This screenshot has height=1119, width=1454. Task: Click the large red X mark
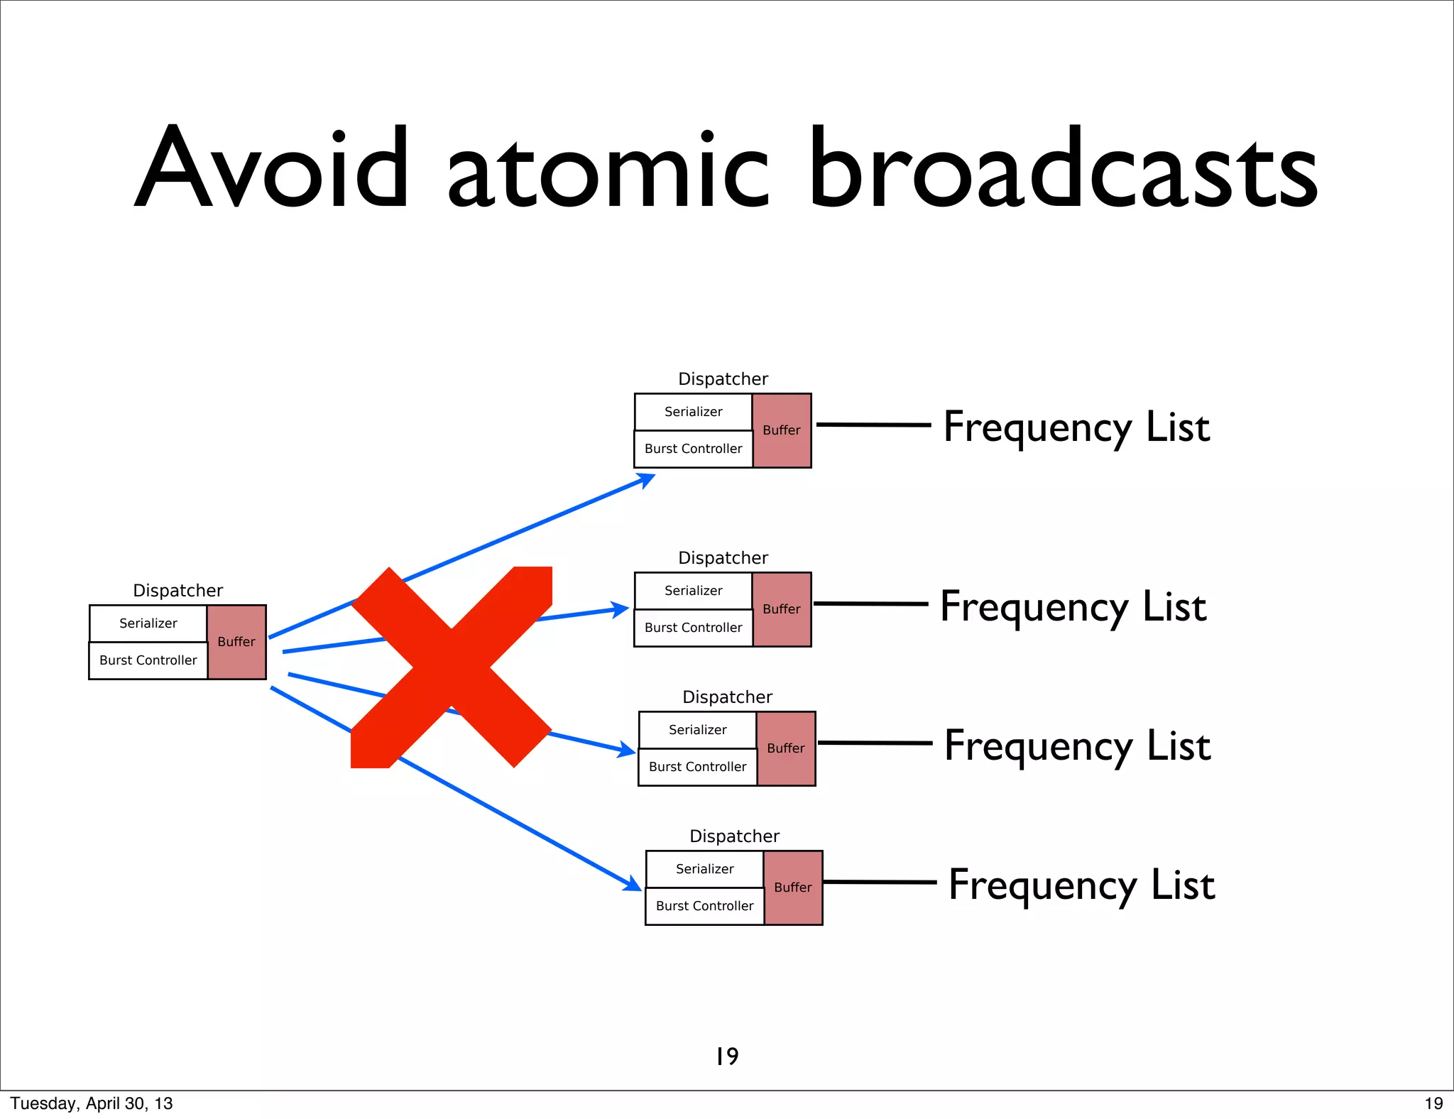tap(452, 667)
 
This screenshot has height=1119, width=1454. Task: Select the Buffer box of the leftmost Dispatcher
tap(236, 642)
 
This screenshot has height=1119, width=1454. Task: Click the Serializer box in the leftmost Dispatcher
tap(148, 623)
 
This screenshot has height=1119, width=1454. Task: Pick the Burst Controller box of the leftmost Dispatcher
tap(148, 660)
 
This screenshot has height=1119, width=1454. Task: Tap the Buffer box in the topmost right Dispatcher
tap(782, 430)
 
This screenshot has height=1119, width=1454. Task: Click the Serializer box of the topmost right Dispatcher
tap(694, 412)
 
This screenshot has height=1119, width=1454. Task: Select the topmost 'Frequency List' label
tap(1076, 427)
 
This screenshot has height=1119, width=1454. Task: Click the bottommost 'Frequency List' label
tap(1082, 885)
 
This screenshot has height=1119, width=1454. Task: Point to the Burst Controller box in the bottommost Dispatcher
tap(705, 906)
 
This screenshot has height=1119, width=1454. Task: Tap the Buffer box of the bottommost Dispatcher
tap(793, 888)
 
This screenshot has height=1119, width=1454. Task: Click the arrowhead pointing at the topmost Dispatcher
tap(645, 481)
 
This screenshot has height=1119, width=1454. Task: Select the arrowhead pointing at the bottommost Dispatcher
tap(632, 884)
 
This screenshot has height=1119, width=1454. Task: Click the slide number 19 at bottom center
tap(727, 1056)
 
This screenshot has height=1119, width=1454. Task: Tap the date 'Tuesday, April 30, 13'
tap(92, 1103)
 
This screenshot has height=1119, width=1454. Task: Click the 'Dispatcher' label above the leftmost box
tap(177, 591)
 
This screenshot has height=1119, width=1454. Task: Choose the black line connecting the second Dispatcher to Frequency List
tap(870, 604)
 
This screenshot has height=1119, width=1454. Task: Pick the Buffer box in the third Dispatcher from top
tap(786, 748)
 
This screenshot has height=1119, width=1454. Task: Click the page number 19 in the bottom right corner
tap(1433, 1103)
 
